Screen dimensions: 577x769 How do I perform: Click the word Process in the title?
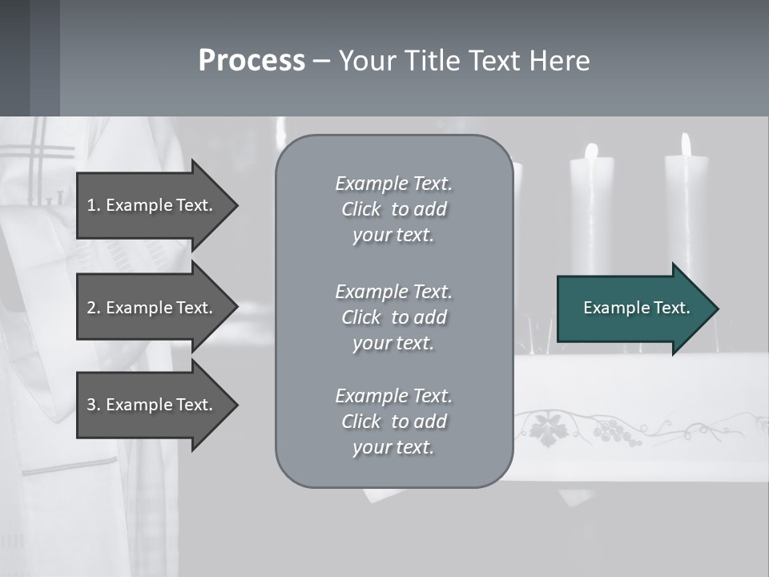coord(252,61)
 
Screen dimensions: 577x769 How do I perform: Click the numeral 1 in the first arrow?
coord(91,205)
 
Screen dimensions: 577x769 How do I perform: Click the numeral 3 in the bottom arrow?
coord(91,405)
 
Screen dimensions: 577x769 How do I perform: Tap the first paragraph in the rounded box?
coord(393,209)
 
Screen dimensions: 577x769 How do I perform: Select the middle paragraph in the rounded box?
coord(393,317)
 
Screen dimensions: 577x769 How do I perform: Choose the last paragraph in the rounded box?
coord(393,422)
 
